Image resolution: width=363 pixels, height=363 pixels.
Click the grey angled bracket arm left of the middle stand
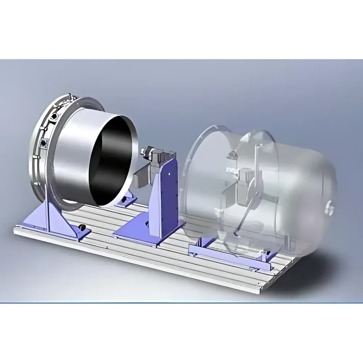point(142,178)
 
